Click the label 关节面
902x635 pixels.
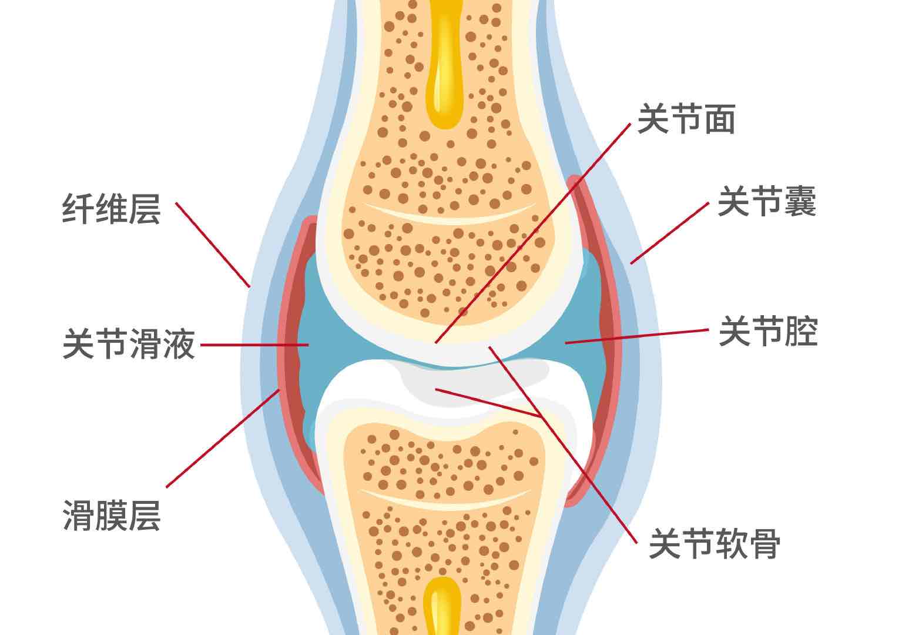(686, 119)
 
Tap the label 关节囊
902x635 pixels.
(767, 202)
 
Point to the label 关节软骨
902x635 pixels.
(715, 543)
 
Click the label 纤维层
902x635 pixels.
(111, 209)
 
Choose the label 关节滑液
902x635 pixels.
(128, 344)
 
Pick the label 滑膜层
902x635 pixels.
(111, 516)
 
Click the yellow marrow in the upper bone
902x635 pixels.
(444, 71)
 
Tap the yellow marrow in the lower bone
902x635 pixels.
(442, 606)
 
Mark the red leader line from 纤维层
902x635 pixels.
(213, 245)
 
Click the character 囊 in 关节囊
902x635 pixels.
(800, 202)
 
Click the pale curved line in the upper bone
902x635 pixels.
(449, 215)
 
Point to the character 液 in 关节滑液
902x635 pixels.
(178, 344)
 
